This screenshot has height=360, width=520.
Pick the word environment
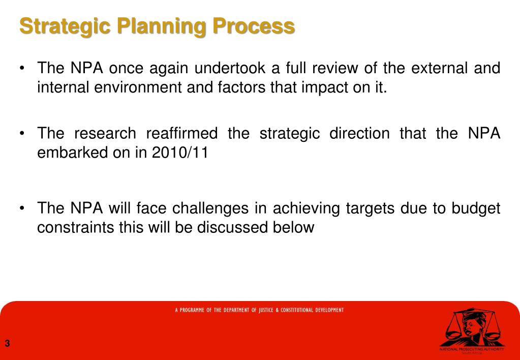click(x=128, y=87)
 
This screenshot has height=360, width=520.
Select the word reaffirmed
click(x=181, y=133)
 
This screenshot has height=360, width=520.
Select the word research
click(x=105, y=133)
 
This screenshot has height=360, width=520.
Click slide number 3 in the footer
click(x=7, y=344)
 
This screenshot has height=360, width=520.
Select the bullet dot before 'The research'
click(x=23, y=134)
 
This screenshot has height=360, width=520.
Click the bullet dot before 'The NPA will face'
click(x=23, y=208)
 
